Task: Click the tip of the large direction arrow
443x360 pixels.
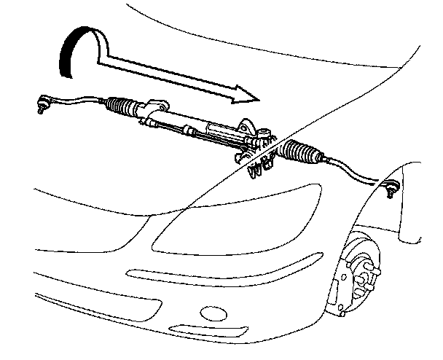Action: pyautogui.click(x=257, y=98)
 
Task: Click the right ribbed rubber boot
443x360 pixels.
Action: pyautogui.click(x=300, y=154)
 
